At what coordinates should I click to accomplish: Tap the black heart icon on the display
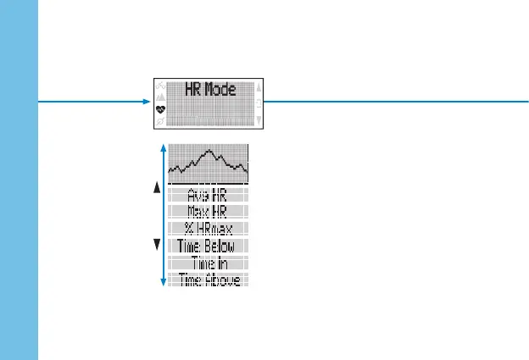(160, 109)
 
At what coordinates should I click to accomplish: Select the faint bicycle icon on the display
(160, 86)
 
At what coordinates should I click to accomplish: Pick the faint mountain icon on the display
(160, 97)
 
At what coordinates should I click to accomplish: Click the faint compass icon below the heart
(160, 122)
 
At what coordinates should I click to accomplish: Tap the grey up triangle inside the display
(259, 86)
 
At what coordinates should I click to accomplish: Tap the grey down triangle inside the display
(259, 121)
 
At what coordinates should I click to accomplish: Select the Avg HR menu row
(208, 194)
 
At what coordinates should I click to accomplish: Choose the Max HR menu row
(208, 211)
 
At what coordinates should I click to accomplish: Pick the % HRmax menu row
(208, 228)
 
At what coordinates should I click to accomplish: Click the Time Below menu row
(208, 246)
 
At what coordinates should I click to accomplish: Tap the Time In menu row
(208, 263)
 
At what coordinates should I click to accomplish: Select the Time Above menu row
(208, 279)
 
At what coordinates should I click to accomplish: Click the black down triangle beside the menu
(157, 246)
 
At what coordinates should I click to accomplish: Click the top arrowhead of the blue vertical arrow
(163, 147)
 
